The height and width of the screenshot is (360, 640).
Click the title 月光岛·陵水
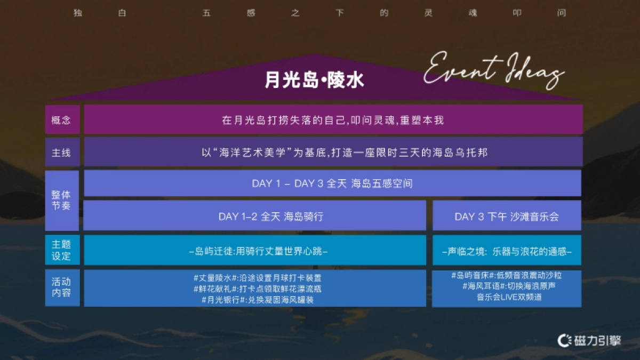pyautogui.click(x=314, y=80)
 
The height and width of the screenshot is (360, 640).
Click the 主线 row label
pyautogui.click(x=61, y=153)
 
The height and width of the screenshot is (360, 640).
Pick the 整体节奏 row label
pyautogui.click(x=61, y=200)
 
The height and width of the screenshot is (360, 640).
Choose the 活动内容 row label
pyautogui.click(x=61, y=287)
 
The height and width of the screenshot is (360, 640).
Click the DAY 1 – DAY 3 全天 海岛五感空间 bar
pyautogui.click(x=332, y=183)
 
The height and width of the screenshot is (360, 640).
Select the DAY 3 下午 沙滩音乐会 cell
pyautogui.click(x=507, y=217)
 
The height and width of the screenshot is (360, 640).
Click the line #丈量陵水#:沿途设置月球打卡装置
pyautogui.click(x=257, y=278)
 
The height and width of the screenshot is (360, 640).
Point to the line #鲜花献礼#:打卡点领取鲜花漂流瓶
pyautogui.click(x=257, y=289)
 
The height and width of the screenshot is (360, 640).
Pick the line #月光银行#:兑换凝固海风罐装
pyautogui.click(x=257, y=300)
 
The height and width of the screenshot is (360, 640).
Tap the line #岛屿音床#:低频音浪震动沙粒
pyautogui.click(x=506, y=276)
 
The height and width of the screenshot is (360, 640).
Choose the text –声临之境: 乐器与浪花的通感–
pyautogui.click(x=507, y=251)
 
